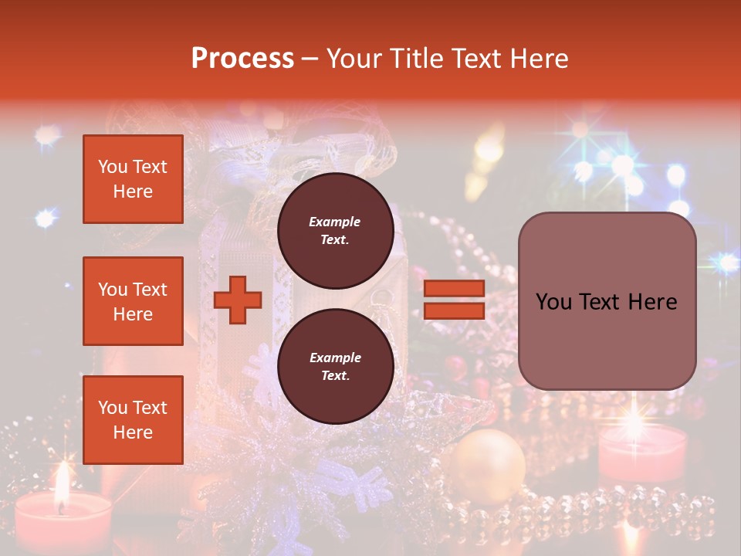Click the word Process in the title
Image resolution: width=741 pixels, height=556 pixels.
tap(242, 59)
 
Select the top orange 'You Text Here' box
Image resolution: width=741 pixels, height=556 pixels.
tap(133, 179)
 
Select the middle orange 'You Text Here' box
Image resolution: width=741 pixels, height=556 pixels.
tap(133, 301)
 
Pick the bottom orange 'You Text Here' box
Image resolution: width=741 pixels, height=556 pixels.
tap(133, 420)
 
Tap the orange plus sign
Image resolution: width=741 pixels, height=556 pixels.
tap(238, 299)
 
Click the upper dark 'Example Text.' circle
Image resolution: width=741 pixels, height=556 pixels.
tap(335, 230)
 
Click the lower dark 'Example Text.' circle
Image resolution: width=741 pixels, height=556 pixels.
tap(335, 366)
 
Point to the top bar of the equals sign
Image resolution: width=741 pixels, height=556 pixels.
tap(455, 288)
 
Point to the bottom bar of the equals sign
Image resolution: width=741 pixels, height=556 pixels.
tap(455, 310)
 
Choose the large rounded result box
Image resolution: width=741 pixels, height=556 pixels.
tap(607, 300)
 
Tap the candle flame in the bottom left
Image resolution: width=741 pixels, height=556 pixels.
tap(60, 482)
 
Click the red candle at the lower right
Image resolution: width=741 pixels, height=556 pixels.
tap(642, 452)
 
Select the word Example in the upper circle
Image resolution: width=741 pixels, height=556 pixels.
tap(335, 222)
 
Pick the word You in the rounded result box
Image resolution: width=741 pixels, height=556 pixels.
tap(554, 302)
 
